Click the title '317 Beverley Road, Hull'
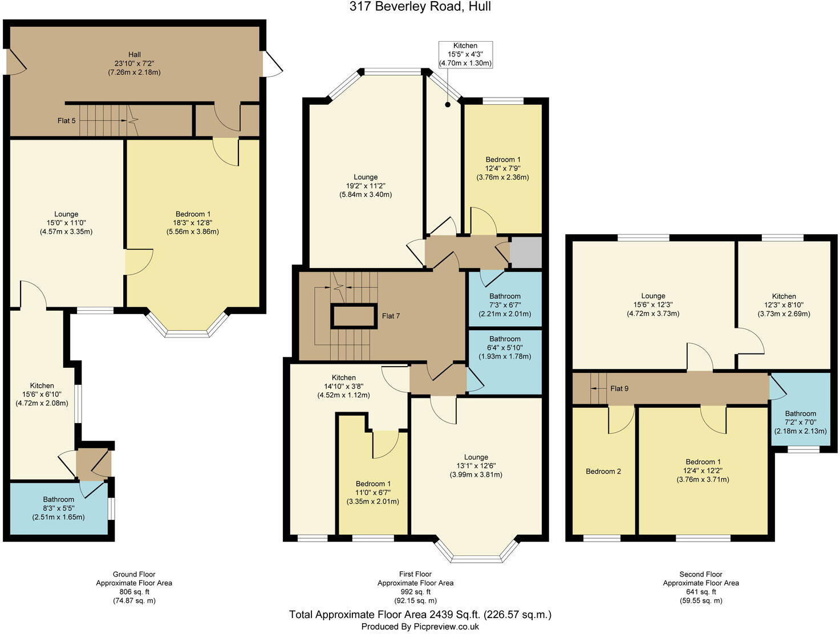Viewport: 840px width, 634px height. (x=420, y=7)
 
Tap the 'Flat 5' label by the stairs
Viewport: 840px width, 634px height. (x=67, y=121)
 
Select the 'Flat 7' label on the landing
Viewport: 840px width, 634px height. (x=391, y=316)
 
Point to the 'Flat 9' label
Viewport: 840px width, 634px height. (x=619, y=388)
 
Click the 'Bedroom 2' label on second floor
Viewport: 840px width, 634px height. (x=603, y=472)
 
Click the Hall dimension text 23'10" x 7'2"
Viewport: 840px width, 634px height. (x=134, y=63)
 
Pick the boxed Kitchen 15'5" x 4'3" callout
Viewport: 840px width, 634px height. (x=465, y=55)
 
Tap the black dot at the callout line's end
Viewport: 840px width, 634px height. (x=448, y=104)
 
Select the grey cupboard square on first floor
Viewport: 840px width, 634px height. (x=525, y=253)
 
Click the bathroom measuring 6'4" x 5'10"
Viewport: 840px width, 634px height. (x=505, y=348)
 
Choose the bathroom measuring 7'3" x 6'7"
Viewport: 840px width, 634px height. (x=505, y=305)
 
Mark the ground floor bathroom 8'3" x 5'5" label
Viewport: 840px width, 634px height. (x=58, y=509)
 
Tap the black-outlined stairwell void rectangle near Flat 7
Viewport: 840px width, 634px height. (x=354, y=316)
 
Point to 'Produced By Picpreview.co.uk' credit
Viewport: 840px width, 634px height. (x=420, y=627)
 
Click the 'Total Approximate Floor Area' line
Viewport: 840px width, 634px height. (x=420, y=615)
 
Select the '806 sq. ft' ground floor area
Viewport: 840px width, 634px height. (x=134, y=592)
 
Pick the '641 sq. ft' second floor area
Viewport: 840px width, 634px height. (x=701, y=592)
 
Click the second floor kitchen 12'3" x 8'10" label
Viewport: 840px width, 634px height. (x=784, y=305)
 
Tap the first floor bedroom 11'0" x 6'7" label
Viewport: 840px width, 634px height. (x=373, y=493)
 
